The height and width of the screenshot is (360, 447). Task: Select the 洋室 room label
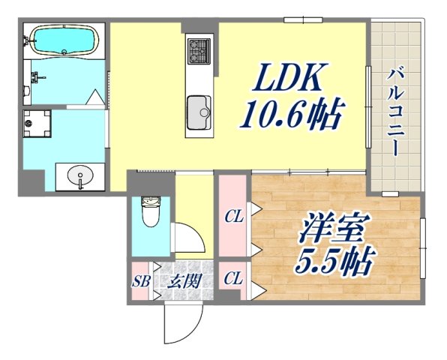click(325, 229)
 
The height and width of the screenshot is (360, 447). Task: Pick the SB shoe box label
click(140, 282)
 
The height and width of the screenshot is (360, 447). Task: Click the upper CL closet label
click(233, 217)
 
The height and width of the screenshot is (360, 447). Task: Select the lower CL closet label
click(233, 279)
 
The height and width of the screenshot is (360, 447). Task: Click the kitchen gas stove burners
click(200, 49)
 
